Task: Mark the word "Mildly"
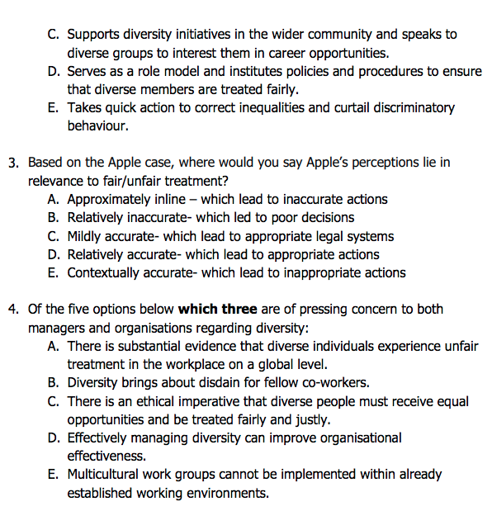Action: [86, 236]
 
